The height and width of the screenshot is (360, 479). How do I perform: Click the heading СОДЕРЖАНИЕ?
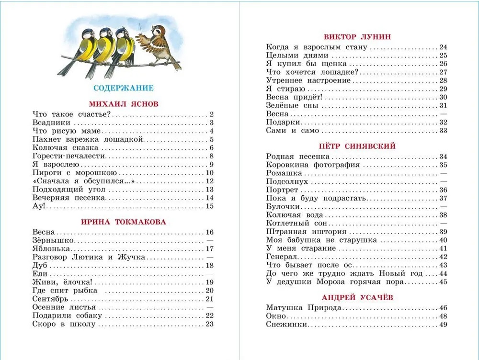point(123,88)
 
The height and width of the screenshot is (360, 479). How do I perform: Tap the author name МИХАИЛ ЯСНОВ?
point(124,103)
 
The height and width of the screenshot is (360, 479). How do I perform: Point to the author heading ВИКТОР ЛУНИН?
point(357,36)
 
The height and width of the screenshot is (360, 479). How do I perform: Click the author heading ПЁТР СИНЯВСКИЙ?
point(357,146)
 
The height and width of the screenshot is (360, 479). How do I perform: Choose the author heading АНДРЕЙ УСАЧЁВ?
point(357,297)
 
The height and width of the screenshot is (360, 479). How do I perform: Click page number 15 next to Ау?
point(209,206)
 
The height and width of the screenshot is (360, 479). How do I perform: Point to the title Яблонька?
point(52,249)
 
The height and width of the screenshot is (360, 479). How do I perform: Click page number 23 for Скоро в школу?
point(209,324)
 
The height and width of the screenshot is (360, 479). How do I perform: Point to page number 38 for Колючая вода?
point(443,215)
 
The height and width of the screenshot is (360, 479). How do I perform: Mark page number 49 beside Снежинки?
point(443,325)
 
